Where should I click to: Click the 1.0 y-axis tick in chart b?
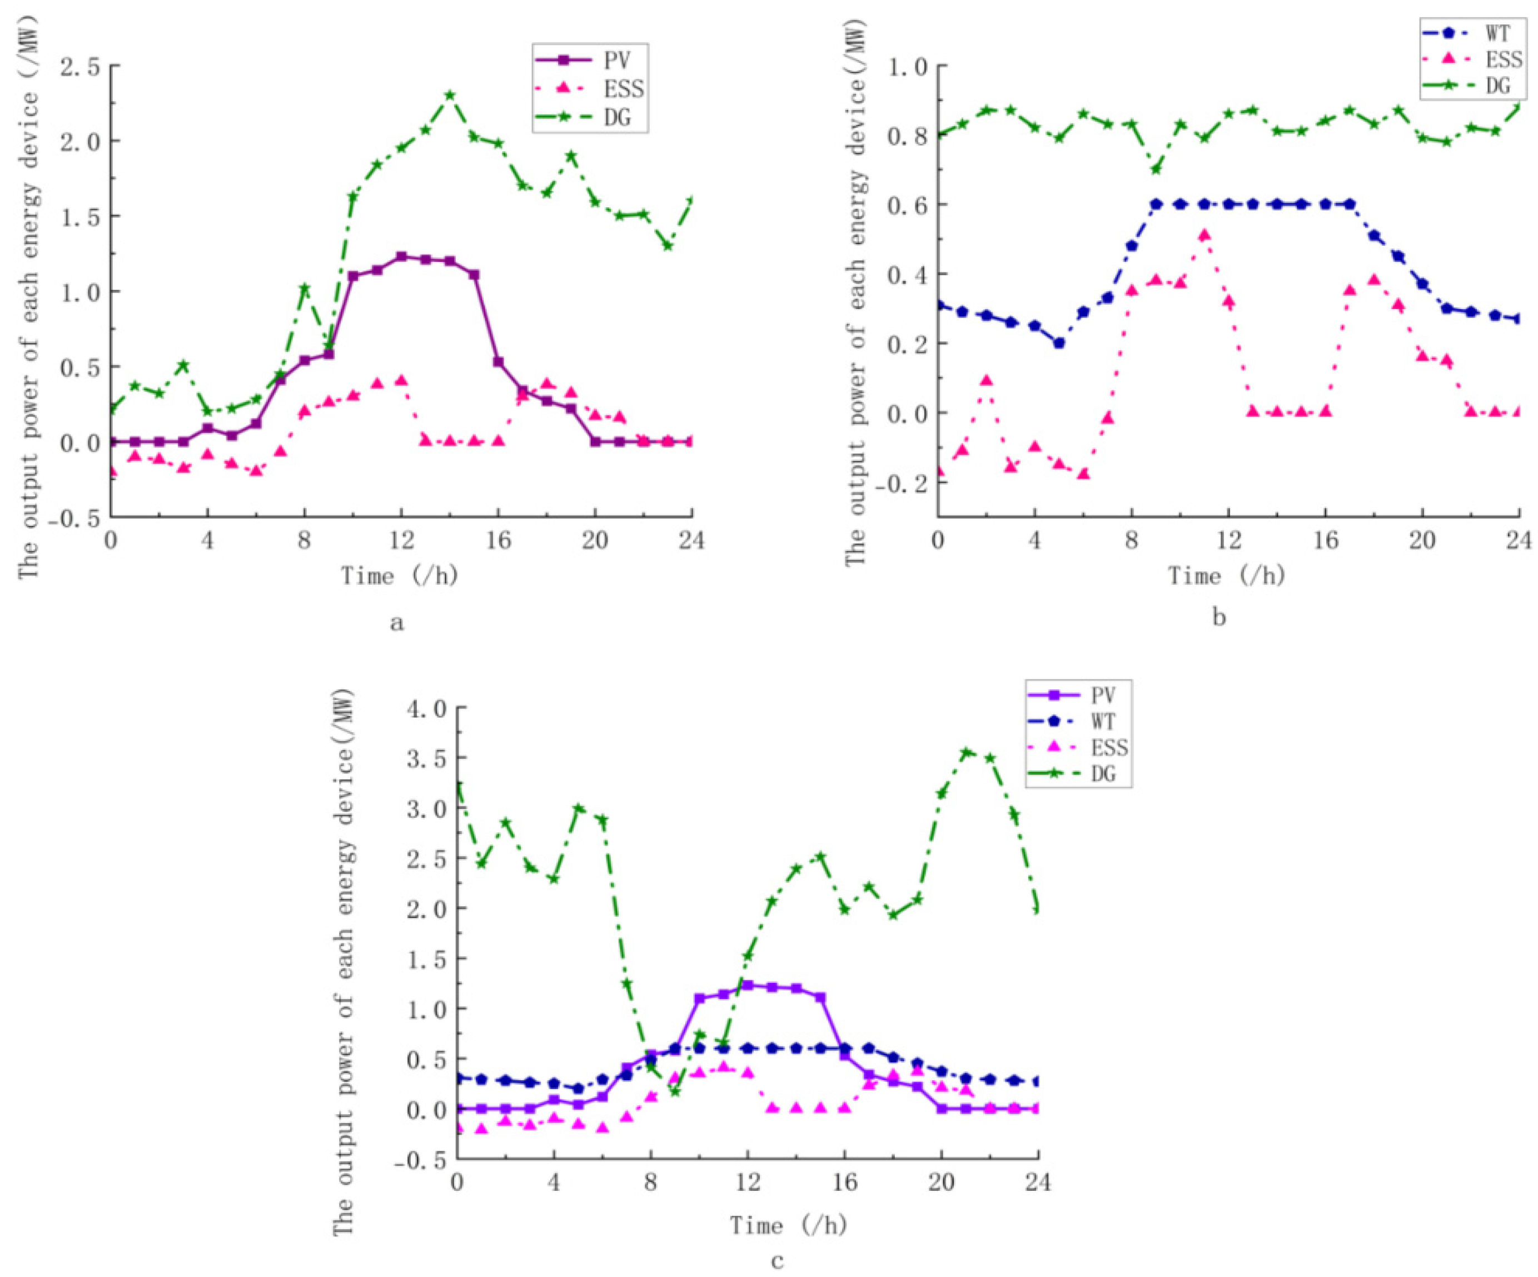pos(908,66)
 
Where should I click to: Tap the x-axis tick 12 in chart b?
pos(1229,541)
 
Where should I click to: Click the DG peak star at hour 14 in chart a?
pos(450,95)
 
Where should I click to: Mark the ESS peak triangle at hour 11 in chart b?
pos(1204,235)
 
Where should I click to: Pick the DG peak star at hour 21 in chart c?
pos(966,752)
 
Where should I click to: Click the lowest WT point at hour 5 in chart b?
pos(1059,343)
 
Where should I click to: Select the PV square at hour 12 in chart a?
pos(401,256)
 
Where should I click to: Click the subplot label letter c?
pos(777,1260)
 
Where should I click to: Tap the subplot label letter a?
pos(397,623)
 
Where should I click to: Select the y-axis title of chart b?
pos(855,293)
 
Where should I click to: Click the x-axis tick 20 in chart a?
pos(595,541)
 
